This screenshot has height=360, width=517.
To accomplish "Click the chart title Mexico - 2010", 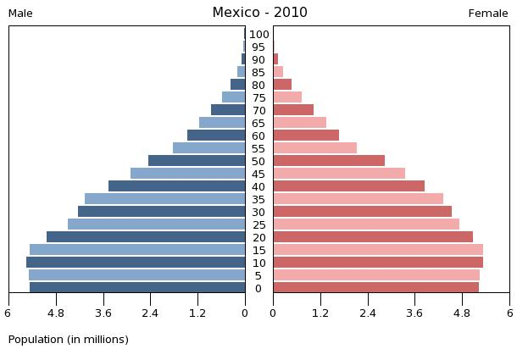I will click(259, 13).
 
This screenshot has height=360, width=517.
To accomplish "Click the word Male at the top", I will click(20, 14).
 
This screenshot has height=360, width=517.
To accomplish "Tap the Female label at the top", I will click(488, 14).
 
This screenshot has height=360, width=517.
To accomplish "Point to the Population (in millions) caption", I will click(69, 340).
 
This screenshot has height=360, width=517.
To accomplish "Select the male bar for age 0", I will click(137, 287).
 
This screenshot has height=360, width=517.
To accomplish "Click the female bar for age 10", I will click(378, 263).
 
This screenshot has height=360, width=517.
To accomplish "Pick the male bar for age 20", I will click(146, 237).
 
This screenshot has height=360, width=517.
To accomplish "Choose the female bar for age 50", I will click(329, 161).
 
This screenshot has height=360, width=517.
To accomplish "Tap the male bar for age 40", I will click(177, 186).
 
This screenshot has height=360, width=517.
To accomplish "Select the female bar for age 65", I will click(299, 123).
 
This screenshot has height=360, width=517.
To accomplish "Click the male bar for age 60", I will click(216, 136).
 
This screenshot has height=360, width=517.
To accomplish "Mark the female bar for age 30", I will click(362, 212).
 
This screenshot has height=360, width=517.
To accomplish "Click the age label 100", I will click(259, 35).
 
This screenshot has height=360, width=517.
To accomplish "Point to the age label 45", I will click(259, 174).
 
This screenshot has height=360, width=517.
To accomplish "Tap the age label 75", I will click(259, 98).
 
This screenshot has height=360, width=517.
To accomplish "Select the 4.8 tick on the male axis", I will click(56, 313).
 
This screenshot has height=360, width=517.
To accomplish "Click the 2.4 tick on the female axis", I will click(368, 313).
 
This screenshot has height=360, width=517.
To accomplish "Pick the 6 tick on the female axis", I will click(509, 313).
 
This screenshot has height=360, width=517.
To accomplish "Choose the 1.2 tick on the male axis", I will click(197, 313).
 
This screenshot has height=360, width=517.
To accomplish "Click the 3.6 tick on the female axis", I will click(415, 313).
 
